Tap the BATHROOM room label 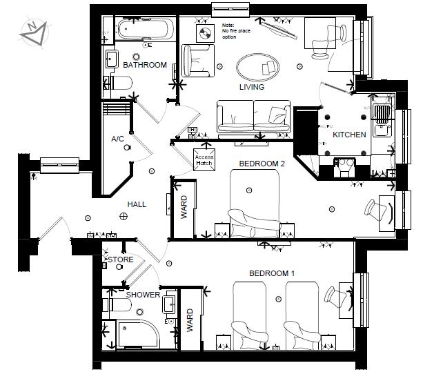click(145, 65)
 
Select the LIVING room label click(252, 87)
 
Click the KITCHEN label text click(349, 135)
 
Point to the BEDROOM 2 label click(262, 164)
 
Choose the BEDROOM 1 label click(272, 273)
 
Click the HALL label click(137, 205)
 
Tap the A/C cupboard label click(117, 139)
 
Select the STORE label click(121, 260)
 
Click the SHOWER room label click(143, 295)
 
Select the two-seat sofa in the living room click(253, 116)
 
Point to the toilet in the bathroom click(120, 84)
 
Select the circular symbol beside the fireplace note click(206, 32)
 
